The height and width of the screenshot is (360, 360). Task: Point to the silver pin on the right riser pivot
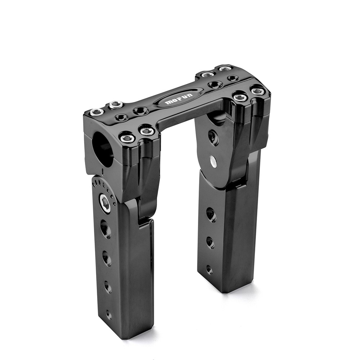213,162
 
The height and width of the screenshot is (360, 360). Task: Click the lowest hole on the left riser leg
108,314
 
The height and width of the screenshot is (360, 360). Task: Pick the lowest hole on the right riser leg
209,269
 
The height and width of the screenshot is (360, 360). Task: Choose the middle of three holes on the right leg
210,242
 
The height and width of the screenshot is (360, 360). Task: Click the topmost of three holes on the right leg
211,215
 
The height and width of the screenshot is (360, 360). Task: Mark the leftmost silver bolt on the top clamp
97,112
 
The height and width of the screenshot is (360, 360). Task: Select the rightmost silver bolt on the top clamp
258,91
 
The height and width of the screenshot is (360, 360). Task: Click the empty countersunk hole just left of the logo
141,111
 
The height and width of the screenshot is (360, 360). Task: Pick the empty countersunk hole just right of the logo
215,85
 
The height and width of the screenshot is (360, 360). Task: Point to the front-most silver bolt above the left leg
127,138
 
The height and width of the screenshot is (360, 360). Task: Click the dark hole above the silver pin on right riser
213,138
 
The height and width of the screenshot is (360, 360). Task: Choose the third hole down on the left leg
108,287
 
